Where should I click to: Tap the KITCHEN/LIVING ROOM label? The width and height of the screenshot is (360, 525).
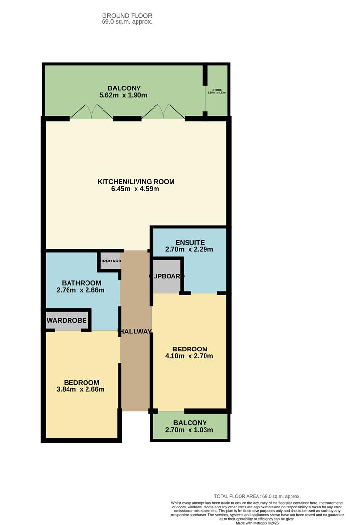[136, 182]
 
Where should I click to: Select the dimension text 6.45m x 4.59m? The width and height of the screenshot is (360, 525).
[136, 189]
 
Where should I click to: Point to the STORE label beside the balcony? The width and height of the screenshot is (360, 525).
[217, 90]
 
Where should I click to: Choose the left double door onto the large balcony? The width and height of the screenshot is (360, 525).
[91, 112]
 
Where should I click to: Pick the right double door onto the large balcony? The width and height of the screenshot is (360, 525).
[163, 112]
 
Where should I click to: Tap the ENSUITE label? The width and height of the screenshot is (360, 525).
[189, 242]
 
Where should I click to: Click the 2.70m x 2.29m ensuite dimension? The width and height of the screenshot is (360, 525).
[189, 249]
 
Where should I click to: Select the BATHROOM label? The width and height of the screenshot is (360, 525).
[81, 283]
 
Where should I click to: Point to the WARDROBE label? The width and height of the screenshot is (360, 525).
[67, 321]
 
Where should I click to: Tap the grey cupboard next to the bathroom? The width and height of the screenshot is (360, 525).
[110, 261]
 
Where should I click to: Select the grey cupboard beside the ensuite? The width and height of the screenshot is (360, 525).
[166, 276]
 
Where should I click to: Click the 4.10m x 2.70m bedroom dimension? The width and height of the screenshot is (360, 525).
[189, 356]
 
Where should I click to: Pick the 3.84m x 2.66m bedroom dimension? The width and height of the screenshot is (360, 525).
[81, 389]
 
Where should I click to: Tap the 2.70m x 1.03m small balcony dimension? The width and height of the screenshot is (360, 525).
[189, 430]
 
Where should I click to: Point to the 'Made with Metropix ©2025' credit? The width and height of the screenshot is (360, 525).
[257, 523]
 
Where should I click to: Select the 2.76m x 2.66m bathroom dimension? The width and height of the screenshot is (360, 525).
[81, 290]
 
